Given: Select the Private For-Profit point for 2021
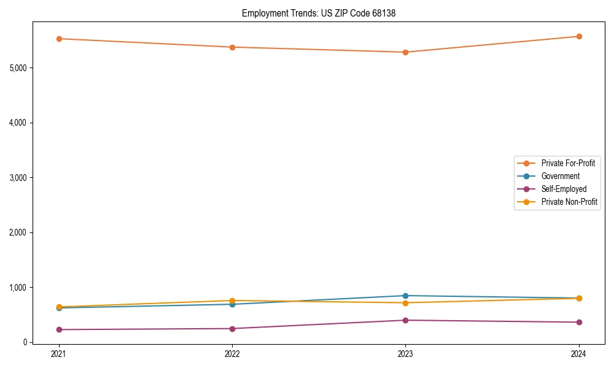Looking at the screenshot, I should pyautogui.click(x=59, y=39).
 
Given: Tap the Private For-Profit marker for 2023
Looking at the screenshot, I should pyautogui.click(x=405, y=52).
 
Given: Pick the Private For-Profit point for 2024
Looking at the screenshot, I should pyautogui.click(x=579, y=36).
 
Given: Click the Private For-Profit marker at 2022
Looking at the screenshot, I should pyautogui.click(x=232, y=47).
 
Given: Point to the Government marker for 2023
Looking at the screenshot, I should pyautogui.click(x=405, y=296).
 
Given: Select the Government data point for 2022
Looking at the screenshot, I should pyautogui.click(x=232, y=304).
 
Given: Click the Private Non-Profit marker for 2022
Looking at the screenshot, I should pyautogui.click(x=232, y=301).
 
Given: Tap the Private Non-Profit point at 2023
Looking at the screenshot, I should pyautogui.click(x=405, y=303).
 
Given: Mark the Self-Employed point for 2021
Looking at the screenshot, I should pyautogui.click(x=59, y=329).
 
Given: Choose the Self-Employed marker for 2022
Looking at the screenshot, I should pyautogui.click(x=232, y=329).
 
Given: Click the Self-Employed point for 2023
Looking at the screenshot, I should pyautogui.click(x=405, y=320).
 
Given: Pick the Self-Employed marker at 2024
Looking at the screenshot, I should pyautogui.click(x=579, y=322).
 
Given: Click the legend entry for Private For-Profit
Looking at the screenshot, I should pyautogui.click(x=568, y=163).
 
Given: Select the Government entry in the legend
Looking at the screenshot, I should pyautogui.click(x=560, y=176).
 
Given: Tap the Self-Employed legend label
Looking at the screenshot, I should pyautogui.click(x=564, y=189).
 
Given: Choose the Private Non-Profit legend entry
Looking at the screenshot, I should pyautogui.click(x=569, y=202).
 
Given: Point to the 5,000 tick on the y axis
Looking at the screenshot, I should pyautogui.click(x=18, y=67).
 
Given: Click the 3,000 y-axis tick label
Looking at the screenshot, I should pyautogui.click(x=18, y=177).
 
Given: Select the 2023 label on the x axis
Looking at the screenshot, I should pyautogui.click(x=405, y=354).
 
